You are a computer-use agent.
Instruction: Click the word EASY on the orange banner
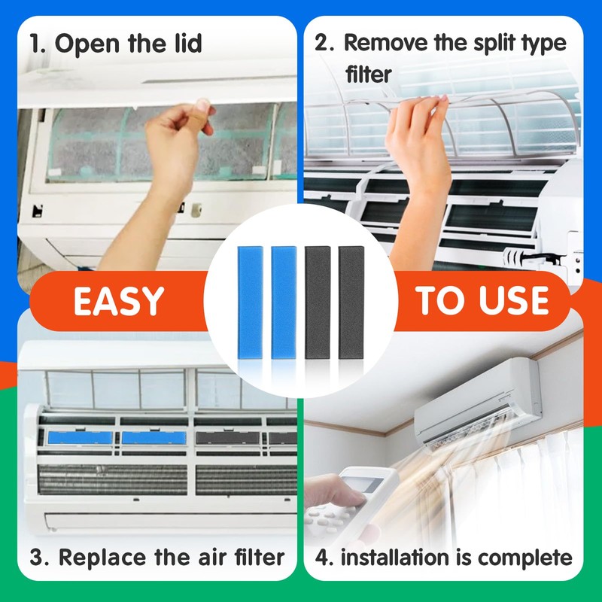pyautogui.click(x=118, y=301)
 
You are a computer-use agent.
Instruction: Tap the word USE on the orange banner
pyautogui.click(x=514, y=300)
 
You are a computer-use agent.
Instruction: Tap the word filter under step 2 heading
pyautogui.click(x=369, y=74)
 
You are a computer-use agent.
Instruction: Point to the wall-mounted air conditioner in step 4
pyautogui.click(x=482, y=399)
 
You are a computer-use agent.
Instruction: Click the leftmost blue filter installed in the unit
pyautogui.click(x=80, y=436)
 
